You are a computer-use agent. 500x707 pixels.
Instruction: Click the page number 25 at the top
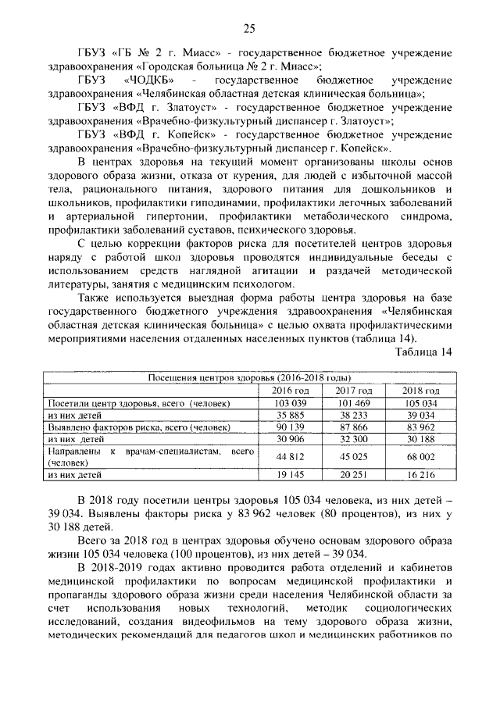[249, 29]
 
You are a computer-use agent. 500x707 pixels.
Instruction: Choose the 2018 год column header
[420, 391]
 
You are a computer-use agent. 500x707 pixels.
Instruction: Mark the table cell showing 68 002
[420, 457]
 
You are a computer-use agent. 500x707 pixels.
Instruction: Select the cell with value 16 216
[420, 474]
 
